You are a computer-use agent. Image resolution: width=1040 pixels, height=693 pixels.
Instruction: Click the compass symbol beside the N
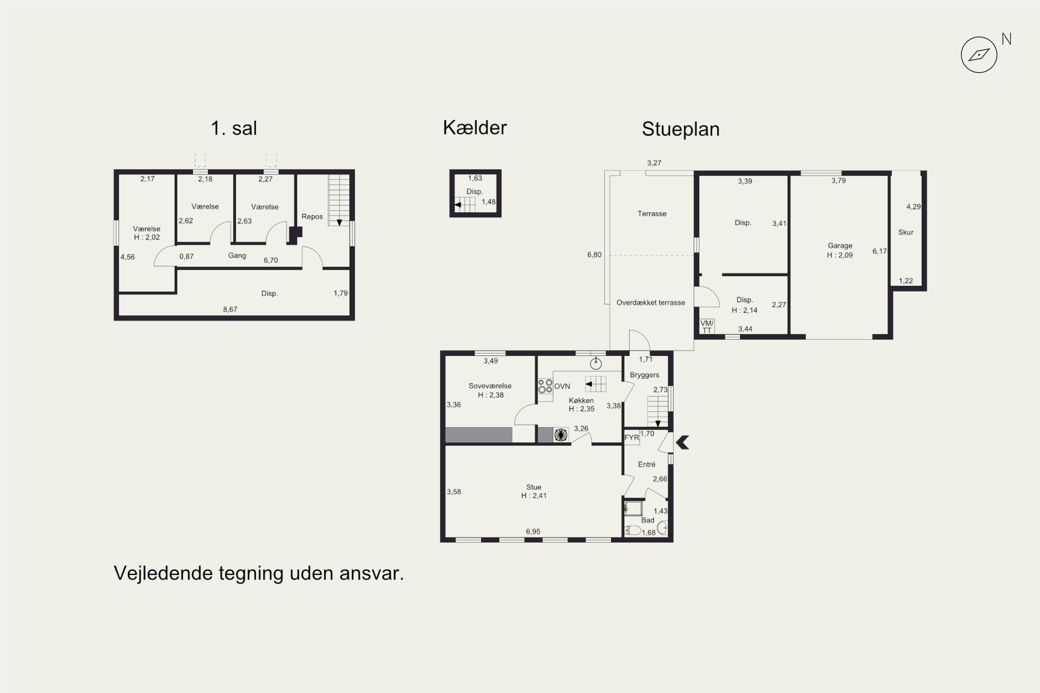(979, 55)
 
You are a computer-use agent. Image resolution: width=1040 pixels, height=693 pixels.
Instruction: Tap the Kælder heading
(475, 128)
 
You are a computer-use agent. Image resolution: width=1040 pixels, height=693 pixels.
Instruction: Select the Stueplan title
(681, 129)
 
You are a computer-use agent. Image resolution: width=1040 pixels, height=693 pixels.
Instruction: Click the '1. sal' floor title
(234, 128)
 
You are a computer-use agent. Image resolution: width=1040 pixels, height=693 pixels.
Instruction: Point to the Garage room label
(840, 246)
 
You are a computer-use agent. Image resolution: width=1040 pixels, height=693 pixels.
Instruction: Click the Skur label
(905, 232)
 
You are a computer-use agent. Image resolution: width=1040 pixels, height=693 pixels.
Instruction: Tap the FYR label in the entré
(631, 438)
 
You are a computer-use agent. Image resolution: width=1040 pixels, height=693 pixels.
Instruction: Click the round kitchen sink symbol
(596, 364)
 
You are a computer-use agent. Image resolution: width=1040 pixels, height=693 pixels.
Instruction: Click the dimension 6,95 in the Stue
(533, 531)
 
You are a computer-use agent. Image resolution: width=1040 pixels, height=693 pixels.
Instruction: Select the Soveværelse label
(490, 386)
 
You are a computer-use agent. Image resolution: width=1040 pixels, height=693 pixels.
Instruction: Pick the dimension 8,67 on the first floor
(230, 309)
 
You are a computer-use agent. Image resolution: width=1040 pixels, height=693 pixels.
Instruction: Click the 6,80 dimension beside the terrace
(594, 255)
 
